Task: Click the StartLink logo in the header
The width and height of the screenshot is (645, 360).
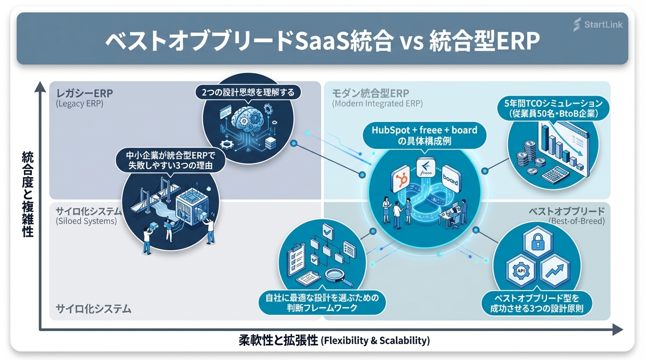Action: point(598,24)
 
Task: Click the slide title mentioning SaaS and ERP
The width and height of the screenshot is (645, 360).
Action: point(322,42)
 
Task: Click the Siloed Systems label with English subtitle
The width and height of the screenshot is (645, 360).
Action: point(87,215)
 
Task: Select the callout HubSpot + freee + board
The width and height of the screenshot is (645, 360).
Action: point(424,135)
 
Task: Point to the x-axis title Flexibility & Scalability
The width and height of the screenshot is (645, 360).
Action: point(334,340)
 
